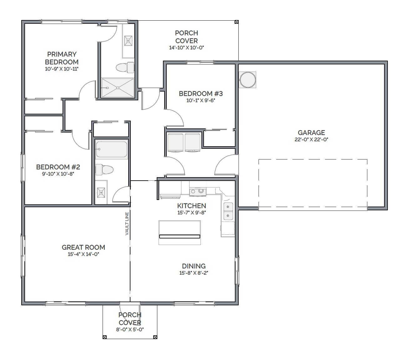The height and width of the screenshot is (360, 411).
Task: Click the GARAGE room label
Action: (x=311, y=132)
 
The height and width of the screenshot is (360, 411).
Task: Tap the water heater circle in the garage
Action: (x=247, y=80)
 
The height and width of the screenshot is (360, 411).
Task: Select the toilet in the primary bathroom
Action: (x=125, y=67)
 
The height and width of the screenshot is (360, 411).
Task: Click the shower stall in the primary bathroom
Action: (x=118, y=87)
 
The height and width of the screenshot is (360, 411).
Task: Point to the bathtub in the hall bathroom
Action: (x=111, y=149)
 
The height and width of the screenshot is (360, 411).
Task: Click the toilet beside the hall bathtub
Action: (x=104, y=170)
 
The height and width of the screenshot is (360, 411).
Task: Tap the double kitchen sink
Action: (x=228, y=211)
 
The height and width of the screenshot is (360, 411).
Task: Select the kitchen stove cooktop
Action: (x=198, y=191)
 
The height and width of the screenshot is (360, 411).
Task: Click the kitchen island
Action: (x=180, y=232)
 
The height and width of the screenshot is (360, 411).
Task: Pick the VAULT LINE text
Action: (x=127, y=223)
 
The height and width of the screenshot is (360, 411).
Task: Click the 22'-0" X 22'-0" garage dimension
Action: (x=311, y=139)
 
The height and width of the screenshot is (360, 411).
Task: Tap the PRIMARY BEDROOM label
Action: (x=62, y=58)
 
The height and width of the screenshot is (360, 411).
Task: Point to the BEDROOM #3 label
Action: (x=200, y=93)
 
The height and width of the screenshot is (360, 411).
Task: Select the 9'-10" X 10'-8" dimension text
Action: (x=58, y=174)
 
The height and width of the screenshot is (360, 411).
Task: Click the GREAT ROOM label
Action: (x=84, y=247)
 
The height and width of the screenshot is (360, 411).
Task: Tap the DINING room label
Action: (x=194, y=266)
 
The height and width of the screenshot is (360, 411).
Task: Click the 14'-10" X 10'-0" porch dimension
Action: (x=186, y=47)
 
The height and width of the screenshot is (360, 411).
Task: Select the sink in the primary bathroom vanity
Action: (x=128, y=41)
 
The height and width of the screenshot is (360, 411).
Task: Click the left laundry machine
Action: (x=175, y=142)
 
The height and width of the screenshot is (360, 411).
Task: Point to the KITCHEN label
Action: (x=191, y=206)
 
